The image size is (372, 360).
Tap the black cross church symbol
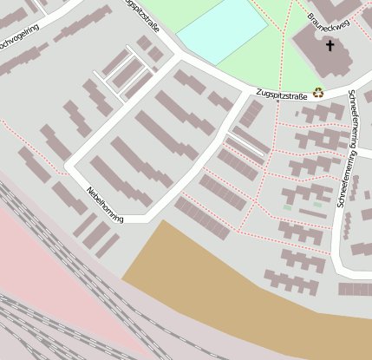(330, 43)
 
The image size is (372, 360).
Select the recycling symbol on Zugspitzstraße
(318, 91)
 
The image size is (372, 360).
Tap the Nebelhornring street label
(105, 205)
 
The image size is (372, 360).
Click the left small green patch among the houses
(287, 207)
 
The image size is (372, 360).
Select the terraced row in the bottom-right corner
(355, 289)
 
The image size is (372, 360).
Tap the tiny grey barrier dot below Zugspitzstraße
(277, 101)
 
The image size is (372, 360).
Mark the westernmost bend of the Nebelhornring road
(68, 164)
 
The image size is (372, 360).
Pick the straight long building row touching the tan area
(202, 217)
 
